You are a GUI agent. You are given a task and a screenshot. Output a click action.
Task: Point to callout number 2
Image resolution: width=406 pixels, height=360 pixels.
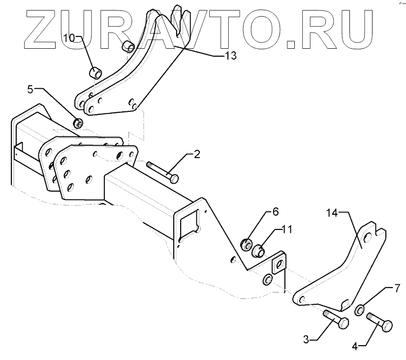tap(197, 155)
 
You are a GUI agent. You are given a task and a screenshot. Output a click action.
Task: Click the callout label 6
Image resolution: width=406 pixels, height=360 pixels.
tap(276, 212)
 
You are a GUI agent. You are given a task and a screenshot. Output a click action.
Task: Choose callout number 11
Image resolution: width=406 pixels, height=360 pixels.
tap(287, 229)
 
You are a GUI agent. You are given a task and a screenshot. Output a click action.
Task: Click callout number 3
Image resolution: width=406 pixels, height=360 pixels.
tap(306, 339)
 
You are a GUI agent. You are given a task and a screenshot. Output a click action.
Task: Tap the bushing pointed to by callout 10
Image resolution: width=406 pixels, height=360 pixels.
tap(95, 74)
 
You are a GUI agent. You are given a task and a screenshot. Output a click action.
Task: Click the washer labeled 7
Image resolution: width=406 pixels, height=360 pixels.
tap(360, 309)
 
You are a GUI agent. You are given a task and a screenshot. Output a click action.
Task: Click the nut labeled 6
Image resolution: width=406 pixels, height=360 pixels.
tap(246, 244)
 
